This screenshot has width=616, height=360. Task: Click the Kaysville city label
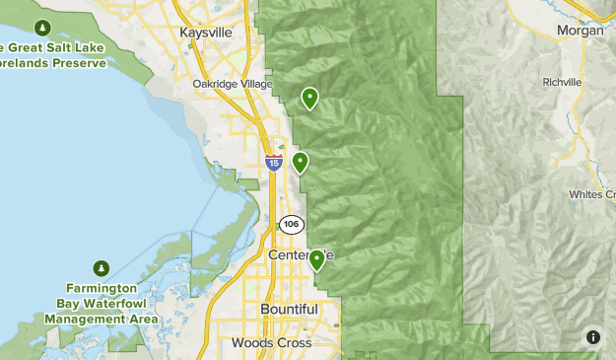click(x=206, y=33)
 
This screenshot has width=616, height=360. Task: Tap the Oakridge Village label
click(x=232, y=84)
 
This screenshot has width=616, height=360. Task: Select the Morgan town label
click(x=580, y=31)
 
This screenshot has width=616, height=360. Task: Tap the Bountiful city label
click(x=289, y=309)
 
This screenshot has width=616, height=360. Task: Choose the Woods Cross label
click(x=271, y=342)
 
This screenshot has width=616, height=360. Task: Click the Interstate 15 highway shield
click(x=274, y=162)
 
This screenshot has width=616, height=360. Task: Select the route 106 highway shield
click(x=290, y=224)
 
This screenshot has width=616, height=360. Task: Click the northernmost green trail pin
click(x=310, y=98)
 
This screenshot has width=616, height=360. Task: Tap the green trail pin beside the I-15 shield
click(x=300, y=162)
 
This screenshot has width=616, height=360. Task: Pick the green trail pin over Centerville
click(x=316, y=259)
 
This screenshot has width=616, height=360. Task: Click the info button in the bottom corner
click(x=592, y=336)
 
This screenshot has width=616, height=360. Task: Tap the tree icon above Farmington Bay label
click(x=102, y=267)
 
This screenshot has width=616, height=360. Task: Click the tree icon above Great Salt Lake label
click(x=42, y=27)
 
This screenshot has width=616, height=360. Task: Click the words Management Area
click(x=101, y=320)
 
